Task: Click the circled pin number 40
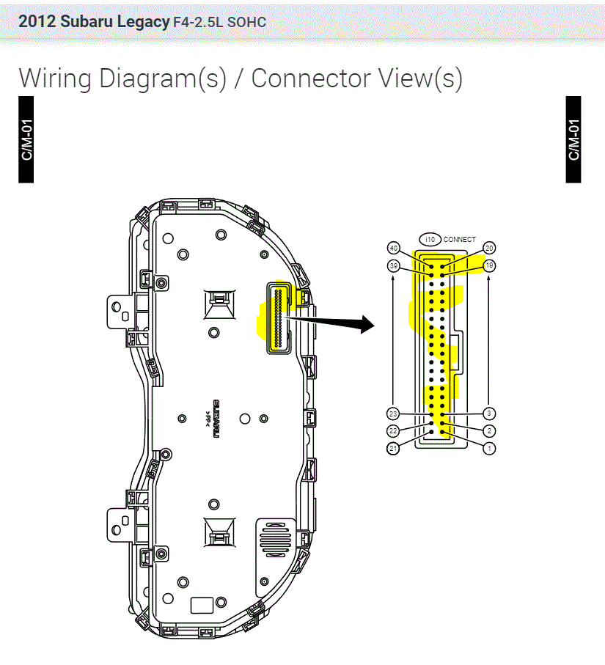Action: tap(394, 248)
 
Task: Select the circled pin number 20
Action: tap(489, 248)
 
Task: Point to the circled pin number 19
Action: tap(489, 265)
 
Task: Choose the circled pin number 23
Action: tap(393, 414)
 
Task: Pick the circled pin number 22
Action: tap(393, 431)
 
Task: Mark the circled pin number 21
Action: tap(393, 448)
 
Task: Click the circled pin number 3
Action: tap(489, 414)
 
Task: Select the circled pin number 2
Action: tap(489, 431)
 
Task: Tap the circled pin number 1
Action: tap(489, 447)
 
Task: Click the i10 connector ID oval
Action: tap(430, 239)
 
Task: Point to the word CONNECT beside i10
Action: tap(460, 239)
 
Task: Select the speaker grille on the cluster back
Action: tap(276, 540)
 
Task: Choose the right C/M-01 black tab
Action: tap(573, 139)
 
